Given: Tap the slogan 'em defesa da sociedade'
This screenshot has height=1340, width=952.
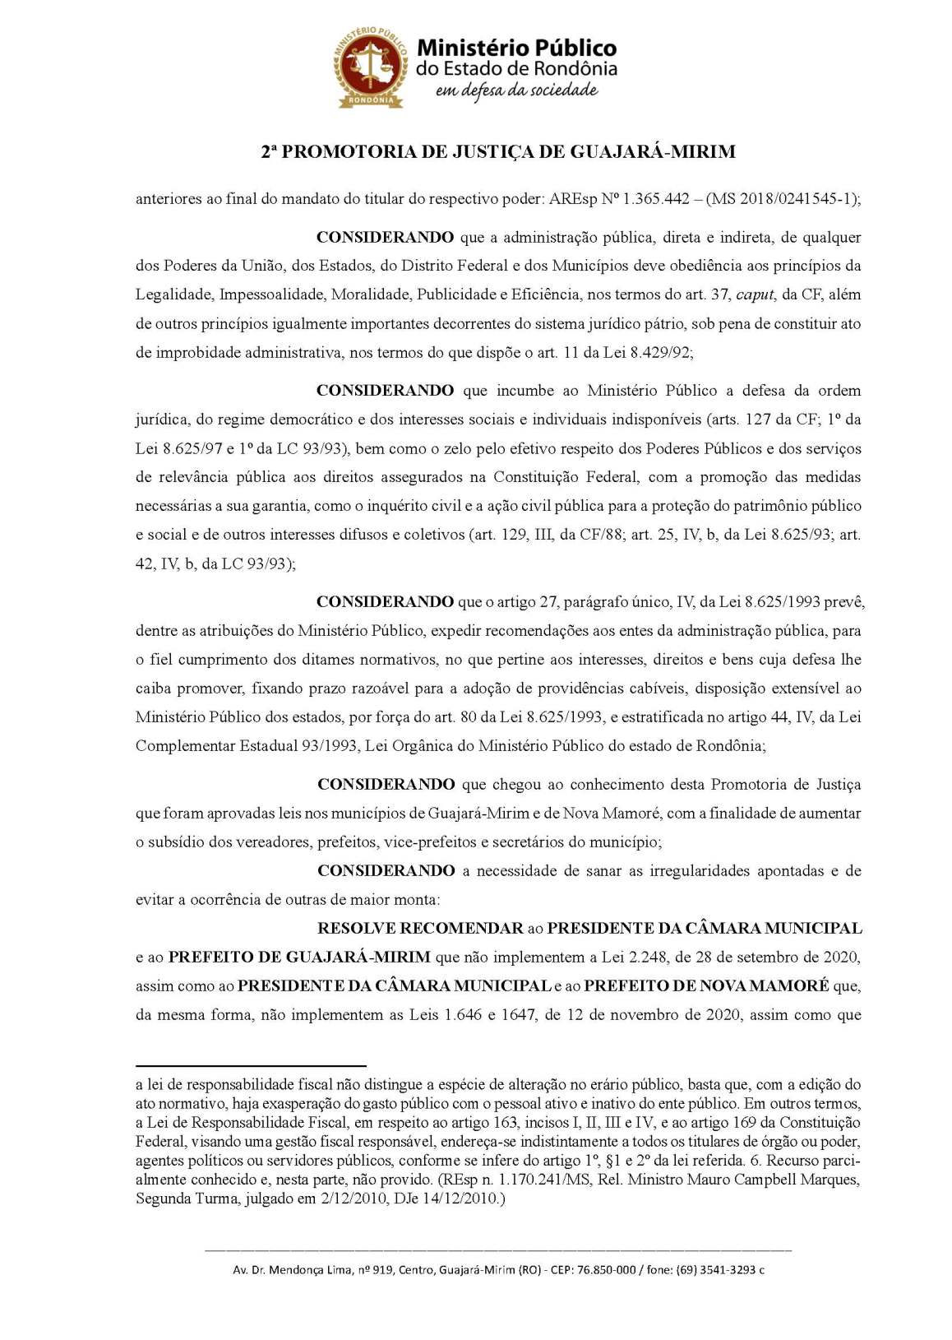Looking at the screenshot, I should (x=515, y=90).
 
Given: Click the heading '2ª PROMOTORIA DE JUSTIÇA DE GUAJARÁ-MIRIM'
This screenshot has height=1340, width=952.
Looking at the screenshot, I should (x=497, y=152).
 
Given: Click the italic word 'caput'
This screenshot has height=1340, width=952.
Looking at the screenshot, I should (x=755, y=294).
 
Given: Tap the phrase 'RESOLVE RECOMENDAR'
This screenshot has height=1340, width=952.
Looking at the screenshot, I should (x=420, y=929).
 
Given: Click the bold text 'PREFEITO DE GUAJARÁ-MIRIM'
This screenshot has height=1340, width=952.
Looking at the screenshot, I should (x=299, y=957).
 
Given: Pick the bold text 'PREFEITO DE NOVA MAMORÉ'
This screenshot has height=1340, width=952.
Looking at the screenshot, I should (x=706, y=986).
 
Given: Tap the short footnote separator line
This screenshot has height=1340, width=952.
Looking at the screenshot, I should (x=251, y=1065).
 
